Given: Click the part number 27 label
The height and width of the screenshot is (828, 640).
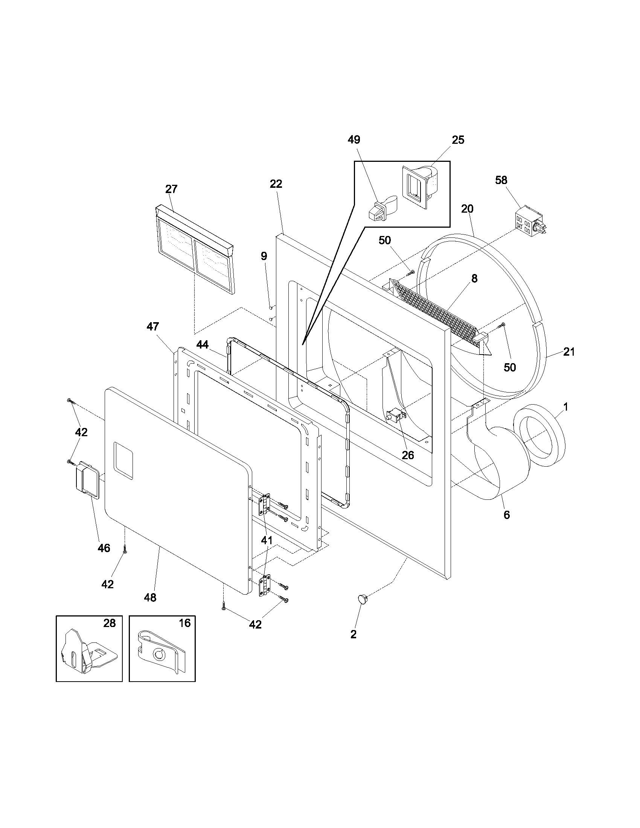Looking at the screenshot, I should [x=171, y=189].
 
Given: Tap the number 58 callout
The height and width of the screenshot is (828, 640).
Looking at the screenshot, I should [x=501, y=180].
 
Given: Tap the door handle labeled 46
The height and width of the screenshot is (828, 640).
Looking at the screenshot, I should [x=87, y=481].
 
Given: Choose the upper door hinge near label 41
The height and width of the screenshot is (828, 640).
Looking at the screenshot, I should [x=265, y=504].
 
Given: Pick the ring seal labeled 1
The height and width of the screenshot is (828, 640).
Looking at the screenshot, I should [x=539, y=435].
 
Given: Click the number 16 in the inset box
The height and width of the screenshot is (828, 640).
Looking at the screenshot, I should [x=184, y=623].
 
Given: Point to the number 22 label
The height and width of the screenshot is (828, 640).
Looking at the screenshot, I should [x=276, y=184].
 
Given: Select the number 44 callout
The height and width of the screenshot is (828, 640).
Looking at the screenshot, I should [x=203, y=345].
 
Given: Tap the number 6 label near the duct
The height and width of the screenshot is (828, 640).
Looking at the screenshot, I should [x=506, y=515].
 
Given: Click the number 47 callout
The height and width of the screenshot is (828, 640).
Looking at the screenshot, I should [x=153, y=326].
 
